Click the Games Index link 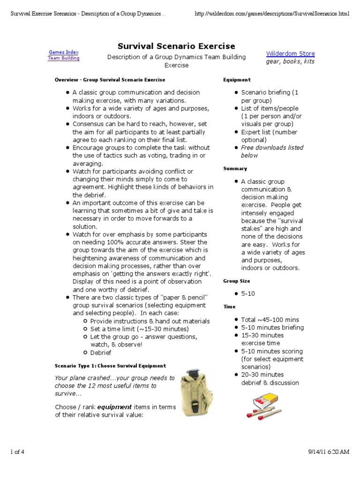[64, 52]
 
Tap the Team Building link [64, 58]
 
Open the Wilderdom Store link [290, 53]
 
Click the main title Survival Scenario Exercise [176, 46]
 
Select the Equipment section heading [237, 80]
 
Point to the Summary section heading [235, 168]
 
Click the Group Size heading [236, 281]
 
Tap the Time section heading [229, 306]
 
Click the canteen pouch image [195, 391]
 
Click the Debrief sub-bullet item [101, 352]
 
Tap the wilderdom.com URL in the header [272, 14]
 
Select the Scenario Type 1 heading [110, 366]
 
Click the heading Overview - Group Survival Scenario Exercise [110, 80]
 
